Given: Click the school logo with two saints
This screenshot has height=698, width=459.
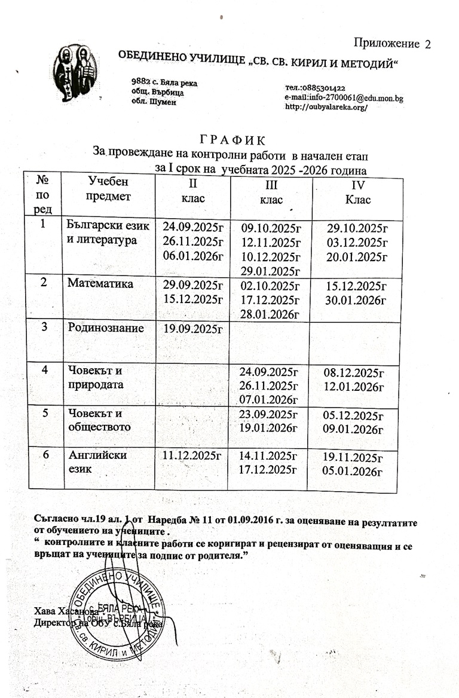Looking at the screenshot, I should [x=72, y=74].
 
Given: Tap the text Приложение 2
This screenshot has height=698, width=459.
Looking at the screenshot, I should [x=391, y=43].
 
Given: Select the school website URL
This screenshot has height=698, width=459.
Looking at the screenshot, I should [x=326, y=107].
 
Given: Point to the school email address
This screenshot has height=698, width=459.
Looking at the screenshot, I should [x=344, y=97].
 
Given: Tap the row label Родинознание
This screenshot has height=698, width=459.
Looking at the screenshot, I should [x=105, y=327].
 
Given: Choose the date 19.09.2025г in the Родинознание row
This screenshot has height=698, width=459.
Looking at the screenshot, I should [x=188, y=327].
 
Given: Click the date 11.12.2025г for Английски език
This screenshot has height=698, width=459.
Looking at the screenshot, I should [x=188, y=457].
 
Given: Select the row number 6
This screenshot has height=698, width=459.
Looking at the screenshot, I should [x=45, y=455].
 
